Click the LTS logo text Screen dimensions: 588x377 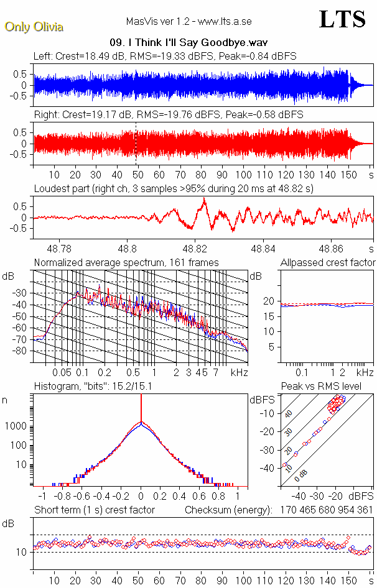coord(342,19)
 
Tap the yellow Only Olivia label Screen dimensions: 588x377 coord(34,27)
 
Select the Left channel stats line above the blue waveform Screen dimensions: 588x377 coord(165,56)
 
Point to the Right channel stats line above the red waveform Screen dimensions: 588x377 coord(168,115)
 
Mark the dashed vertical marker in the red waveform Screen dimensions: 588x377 coord(136,143)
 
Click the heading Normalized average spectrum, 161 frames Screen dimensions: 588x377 coord(126,262)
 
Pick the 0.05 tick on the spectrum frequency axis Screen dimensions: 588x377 coord(62,372)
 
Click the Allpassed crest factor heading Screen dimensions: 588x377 coord(328,262)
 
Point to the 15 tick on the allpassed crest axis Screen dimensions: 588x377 coord(271,316)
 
